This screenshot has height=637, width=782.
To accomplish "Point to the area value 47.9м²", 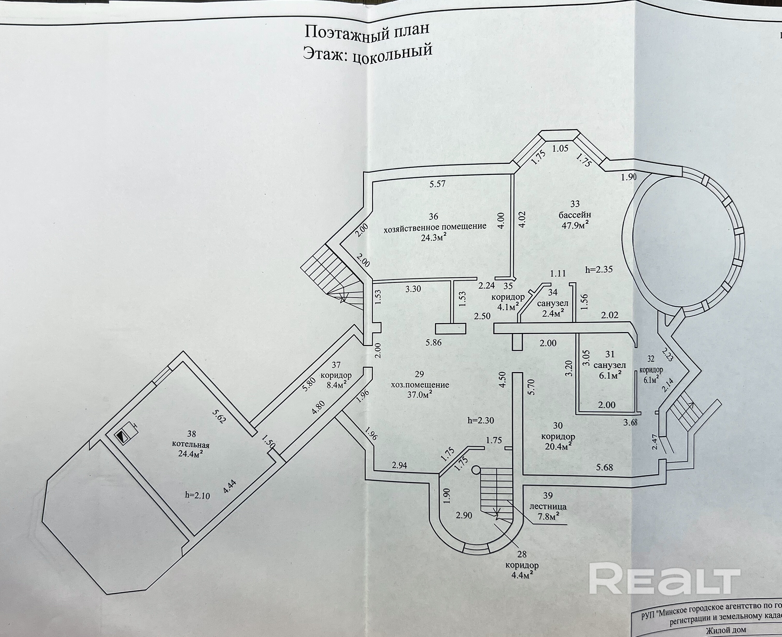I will click(x=575, y=225).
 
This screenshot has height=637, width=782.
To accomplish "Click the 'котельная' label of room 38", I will click(x=191, y=445).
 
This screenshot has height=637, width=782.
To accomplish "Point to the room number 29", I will click(x=420, y=374).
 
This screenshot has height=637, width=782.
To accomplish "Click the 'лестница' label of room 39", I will click(x=547, y=506).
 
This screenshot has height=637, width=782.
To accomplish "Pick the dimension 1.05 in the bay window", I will click(x=560, y=149).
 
